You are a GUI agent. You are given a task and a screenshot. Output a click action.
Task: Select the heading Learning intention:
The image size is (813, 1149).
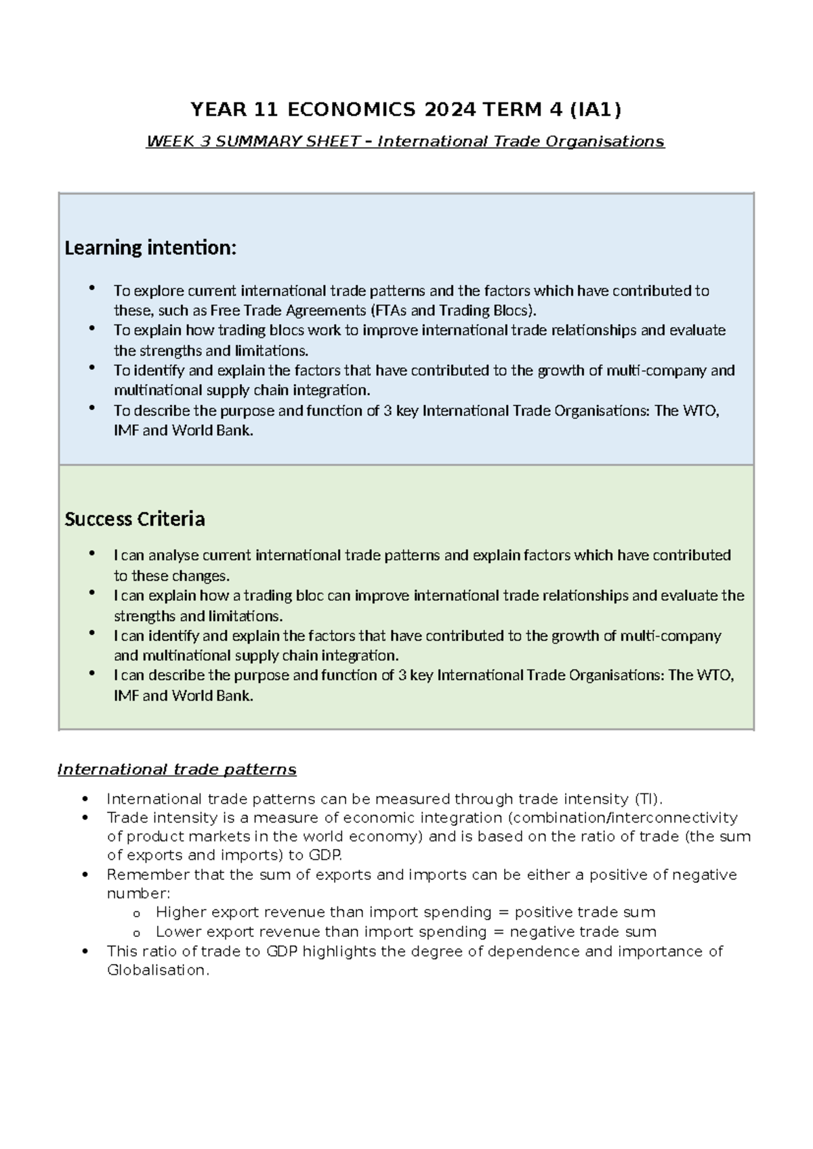(150, 248)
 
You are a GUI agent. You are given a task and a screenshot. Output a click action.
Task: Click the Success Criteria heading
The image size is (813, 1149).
(134, 519)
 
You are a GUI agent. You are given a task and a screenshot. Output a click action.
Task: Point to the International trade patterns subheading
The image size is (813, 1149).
(177, 770)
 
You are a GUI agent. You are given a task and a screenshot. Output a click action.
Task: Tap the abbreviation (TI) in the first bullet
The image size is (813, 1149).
(648, 799)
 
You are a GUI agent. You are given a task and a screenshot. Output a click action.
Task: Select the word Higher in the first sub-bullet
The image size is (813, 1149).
(181, 912)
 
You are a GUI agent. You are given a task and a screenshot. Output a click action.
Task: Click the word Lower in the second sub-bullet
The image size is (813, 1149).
(178, 932)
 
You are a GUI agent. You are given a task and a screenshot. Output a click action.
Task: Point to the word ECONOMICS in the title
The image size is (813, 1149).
(351, 109)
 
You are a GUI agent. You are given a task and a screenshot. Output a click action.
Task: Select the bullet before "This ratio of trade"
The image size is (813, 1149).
(85, 951)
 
